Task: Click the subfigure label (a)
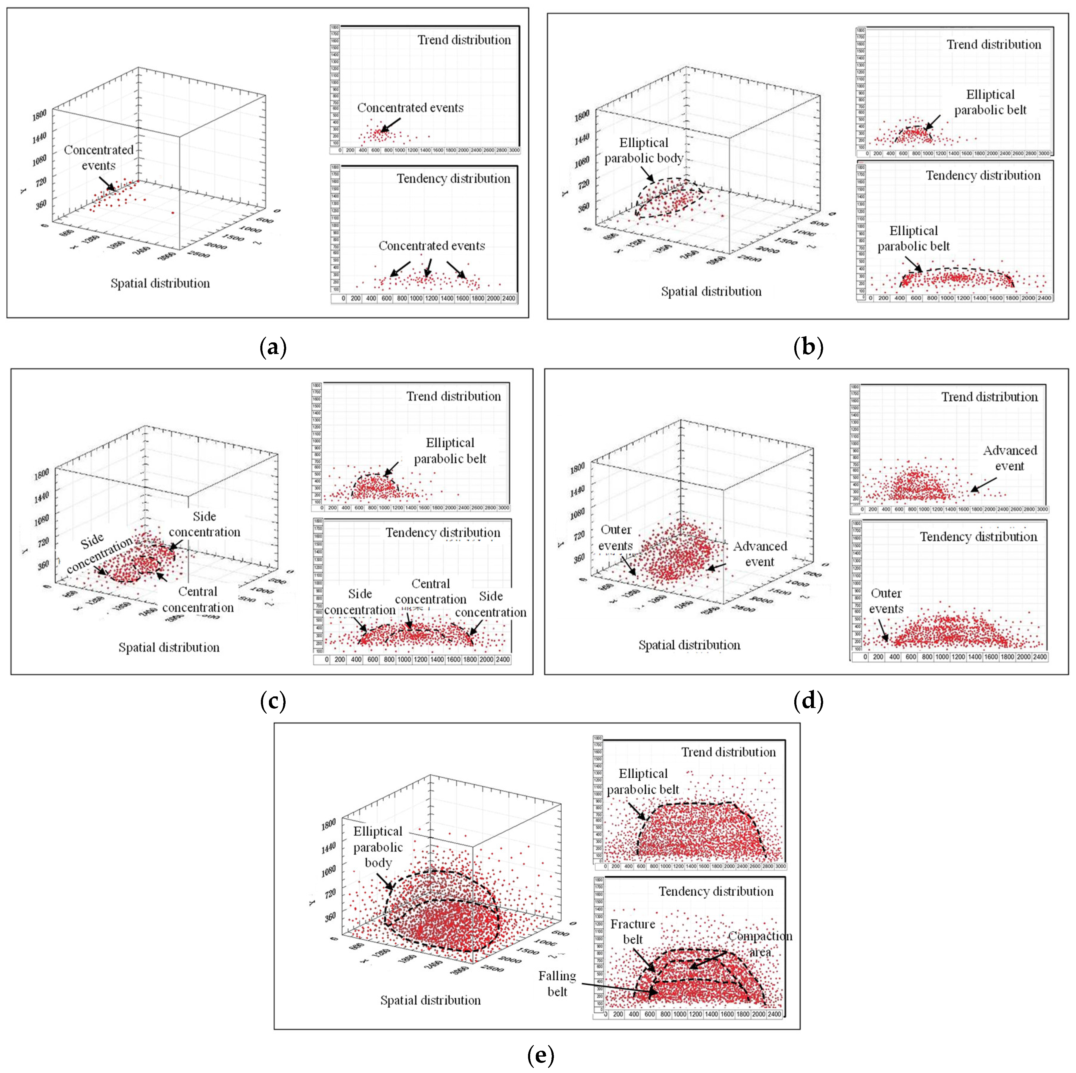[x=273, y=348]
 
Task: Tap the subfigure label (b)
[x=808, y=348]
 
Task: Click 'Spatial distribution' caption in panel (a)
[x=160, y=283]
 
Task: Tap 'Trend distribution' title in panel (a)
[x=464, y=40]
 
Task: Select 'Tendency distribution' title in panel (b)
[x=983, y=176]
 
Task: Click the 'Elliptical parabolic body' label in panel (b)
[x=644, y=150]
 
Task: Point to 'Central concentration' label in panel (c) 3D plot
[x=198, y=599]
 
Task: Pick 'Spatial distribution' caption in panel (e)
[x=430, y=1000]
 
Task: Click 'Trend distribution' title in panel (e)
[x=729, y=752]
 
